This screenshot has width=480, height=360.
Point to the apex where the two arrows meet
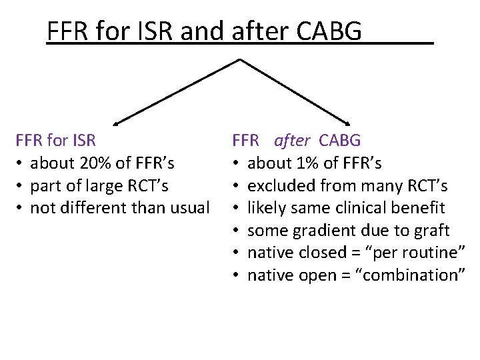(x=239, y=59)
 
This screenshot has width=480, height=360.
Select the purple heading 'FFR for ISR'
(x=56, y=141)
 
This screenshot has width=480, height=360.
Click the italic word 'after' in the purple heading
(x=291, y=141)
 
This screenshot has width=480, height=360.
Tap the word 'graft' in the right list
(x=431, y=231)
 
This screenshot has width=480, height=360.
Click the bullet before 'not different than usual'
(x=21, y=208)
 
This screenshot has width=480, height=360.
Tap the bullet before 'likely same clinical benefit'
(x=237, y=208)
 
